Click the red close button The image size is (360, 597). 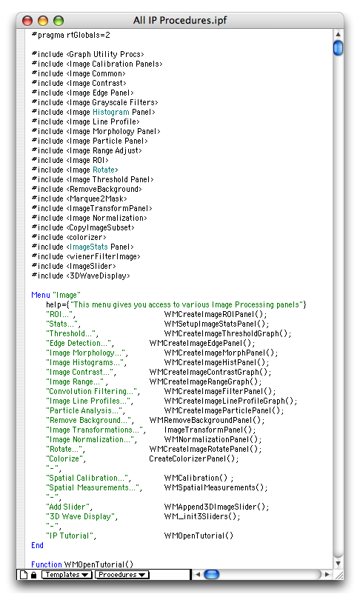click(x=27, y=21)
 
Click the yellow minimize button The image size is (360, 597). click(x=43, y=21)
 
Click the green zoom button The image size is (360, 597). click(x=59, y=21)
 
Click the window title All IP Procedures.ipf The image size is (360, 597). click(x=180, y=20)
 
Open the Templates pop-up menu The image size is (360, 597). click(x=67, y=575)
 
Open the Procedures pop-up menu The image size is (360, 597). click(x=122, y=575)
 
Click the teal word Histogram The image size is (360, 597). click(x=111, y=112)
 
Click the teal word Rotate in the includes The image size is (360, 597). click(x=104, y=170)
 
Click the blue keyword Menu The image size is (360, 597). click(x=41, y=295)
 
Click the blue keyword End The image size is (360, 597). click(x=37, y=545)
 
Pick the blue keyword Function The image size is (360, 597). click(x=47, y=564)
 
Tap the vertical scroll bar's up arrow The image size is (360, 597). click(x=338, y=34)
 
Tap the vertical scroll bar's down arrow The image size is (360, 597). click(x=338, y=563)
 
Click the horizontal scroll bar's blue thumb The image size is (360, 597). click(x=211, y=574)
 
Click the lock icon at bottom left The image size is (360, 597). click(x=33, y=575)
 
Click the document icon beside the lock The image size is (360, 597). click(x=24, y=575)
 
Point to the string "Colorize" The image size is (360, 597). click(x=64, y=458)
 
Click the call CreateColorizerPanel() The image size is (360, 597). click(x=194, y=458)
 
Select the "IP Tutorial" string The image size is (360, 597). click(x=70, y=536)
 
